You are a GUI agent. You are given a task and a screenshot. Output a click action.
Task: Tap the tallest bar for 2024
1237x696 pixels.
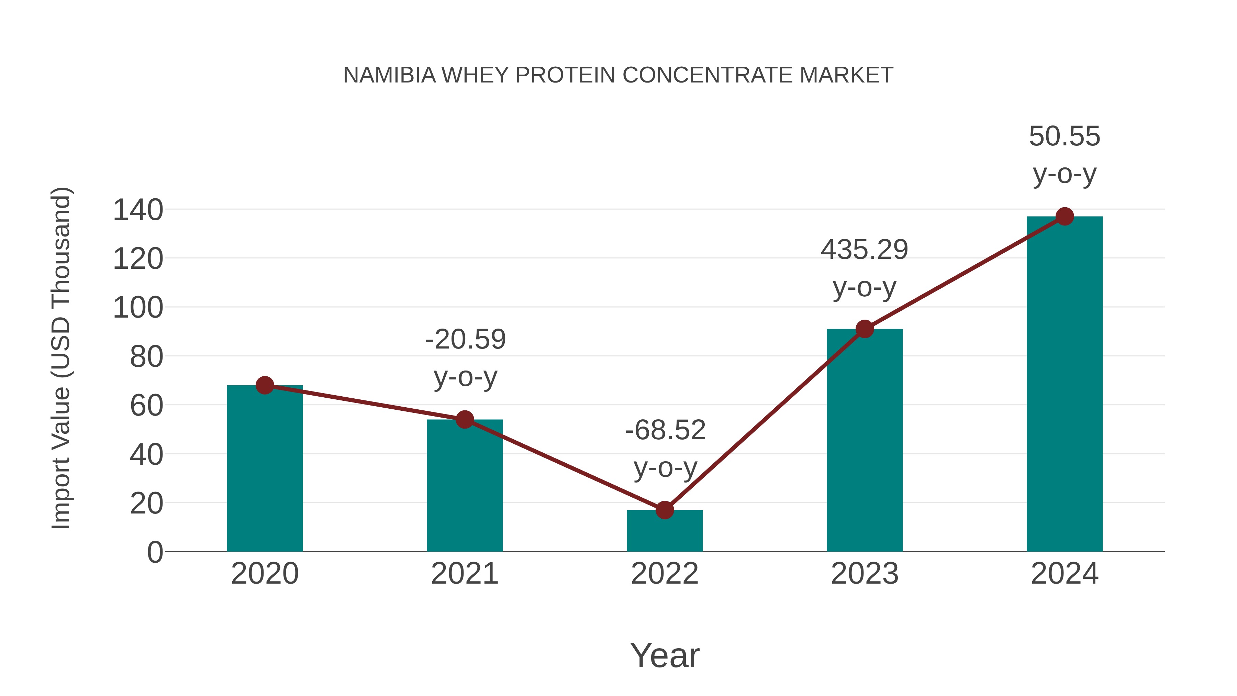tap(1065, 384)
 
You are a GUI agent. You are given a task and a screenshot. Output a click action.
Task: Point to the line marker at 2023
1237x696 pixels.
tap(865, 329)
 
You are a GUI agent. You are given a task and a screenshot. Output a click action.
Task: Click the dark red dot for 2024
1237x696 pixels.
tap(1065, 216)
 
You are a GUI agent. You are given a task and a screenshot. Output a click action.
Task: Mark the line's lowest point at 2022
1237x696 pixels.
tap(665, 510)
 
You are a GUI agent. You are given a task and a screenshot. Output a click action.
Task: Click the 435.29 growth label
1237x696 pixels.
tap(865, 250)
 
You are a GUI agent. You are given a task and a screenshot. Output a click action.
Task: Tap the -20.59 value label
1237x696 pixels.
tap(465, 340)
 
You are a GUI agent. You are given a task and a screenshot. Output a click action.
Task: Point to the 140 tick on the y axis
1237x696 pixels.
tap(138, 210)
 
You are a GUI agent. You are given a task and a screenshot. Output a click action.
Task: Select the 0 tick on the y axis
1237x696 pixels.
tap(155, 552)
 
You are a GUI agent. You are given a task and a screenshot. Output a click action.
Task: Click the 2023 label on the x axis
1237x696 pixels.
tap(865, 574)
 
